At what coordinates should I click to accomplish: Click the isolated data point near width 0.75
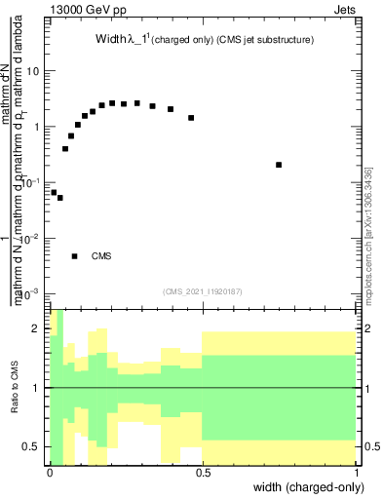point(279,165)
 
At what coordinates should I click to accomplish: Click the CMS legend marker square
point(74,256)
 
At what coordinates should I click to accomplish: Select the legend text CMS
point(101,256)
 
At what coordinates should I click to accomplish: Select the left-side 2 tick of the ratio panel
point(38,329)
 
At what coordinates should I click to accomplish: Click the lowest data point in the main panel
point(59,198)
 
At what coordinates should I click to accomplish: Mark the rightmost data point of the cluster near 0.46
point(191,117)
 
